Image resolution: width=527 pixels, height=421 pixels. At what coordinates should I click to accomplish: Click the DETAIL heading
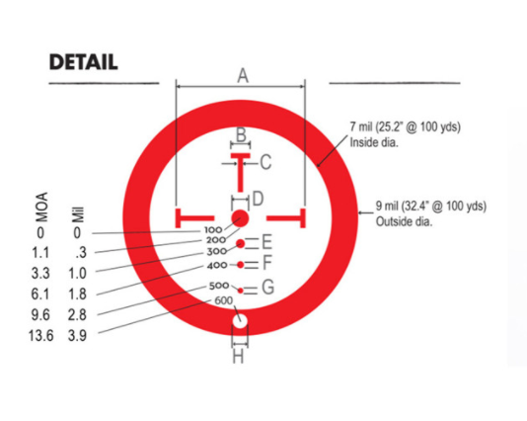pyautogui.click(x=83, y=62)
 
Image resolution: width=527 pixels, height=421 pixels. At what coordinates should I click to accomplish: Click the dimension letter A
pyautogui.click(x=243, y=75)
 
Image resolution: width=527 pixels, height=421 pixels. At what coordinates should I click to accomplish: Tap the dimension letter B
pyautogui.click(x=241, y=134)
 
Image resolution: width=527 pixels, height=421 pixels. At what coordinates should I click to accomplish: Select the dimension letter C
pyautogui.click(x=265, y=162)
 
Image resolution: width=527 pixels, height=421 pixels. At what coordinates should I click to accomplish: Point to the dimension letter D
pyautogui.click(x=258, y=199)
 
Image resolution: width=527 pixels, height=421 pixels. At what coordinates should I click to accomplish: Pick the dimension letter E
pyautogui.click(x=266, y=242)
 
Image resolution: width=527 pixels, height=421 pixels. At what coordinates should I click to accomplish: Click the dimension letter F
pyautogui.click(x=266, y=263)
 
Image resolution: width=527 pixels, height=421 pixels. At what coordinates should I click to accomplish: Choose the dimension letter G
pyautogui.click(x=267, y=287)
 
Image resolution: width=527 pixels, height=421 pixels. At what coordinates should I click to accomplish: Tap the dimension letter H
pyautogui.click(x=238, y=356)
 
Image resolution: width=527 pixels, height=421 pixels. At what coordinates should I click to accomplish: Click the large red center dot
pyautogui.click(x=240, y=218)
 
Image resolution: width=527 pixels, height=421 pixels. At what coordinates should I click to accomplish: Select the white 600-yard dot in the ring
pyautogui.click(x=240, y=321)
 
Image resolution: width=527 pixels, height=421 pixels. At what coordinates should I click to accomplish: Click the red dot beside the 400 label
pyautogui.click(x=241, y=265)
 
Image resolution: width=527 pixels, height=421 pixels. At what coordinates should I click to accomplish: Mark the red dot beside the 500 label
pyautogui.click(x=241, y=291)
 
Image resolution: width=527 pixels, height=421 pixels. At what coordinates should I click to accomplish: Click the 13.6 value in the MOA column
pyautogui.click(x=40, y=336)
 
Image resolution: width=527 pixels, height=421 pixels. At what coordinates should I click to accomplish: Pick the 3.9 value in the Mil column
pyautogui.click(x=77, y=336)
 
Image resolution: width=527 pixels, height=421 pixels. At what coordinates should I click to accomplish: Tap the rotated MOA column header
pyautogui.click(x=41, y=207)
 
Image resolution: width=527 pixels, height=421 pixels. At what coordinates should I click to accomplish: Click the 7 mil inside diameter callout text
pyautogui.click(x=405, y=134)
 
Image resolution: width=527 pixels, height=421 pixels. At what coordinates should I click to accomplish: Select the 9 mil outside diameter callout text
pyautogui.click(x=431, y=213)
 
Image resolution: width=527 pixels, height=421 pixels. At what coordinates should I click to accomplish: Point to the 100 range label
pyautogui.click(x=213, y=230)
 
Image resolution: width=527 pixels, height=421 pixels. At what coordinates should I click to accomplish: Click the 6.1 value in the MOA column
pyautogui.click(x=40, y=295)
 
